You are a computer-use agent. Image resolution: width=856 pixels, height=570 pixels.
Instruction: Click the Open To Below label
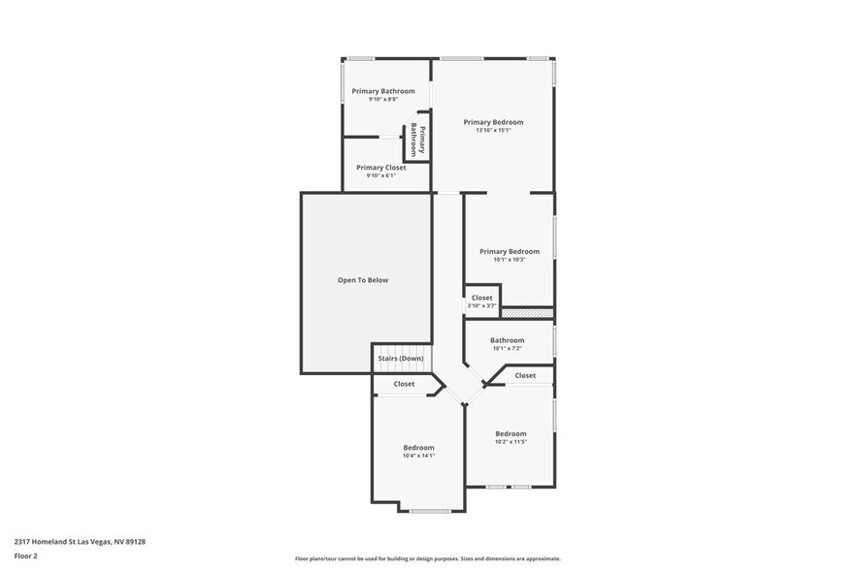tap(362, 280)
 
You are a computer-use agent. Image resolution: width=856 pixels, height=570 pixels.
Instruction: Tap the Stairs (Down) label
tap(400, 359)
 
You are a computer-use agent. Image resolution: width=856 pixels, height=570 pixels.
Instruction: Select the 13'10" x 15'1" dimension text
tap(493, 130)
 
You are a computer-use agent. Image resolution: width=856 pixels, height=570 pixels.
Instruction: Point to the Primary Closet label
tap(380, 167)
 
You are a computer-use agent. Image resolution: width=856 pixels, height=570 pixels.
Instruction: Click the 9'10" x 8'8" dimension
tap(383, 99)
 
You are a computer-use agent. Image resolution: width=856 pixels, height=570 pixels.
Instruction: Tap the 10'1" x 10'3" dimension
tap(509, 259)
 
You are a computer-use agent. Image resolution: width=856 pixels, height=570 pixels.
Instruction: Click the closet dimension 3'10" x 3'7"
tap(481, 305)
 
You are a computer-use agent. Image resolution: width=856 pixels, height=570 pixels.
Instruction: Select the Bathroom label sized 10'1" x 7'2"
tap(507, 340)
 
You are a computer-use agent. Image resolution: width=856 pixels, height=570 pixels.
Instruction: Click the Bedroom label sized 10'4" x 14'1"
tap(418, 447)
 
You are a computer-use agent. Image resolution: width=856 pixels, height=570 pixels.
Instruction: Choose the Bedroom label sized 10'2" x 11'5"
tap(510, 433)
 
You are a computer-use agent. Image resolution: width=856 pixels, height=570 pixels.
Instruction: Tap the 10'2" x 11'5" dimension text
tap(510, 442)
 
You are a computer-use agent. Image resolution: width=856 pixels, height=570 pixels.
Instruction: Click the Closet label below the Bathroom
tap(525, 375)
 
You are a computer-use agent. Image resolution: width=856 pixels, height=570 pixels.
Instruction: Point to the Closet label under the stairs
tap(404, 384)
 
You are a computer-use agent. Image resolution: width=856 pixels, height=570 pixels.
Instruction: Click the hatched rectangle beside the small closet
tap(527, 312)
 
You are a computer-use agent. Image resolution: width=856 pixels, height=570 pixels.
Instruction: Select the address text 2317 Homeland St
tap(80, 542)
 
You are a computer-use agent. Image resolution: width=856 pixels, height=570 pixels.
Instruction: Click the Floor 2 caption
tap(26, 556)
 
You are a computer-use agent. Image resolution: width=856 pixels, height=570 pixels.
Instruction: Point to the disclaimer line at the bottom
tap(427, 558)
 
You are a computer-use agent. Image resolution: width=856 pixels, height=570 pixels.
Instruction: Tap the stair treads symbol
tap(401, 350)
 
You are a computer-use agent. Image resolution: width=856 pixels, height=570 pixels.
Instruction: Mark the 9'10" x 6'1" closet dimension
tap(380, 175)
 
